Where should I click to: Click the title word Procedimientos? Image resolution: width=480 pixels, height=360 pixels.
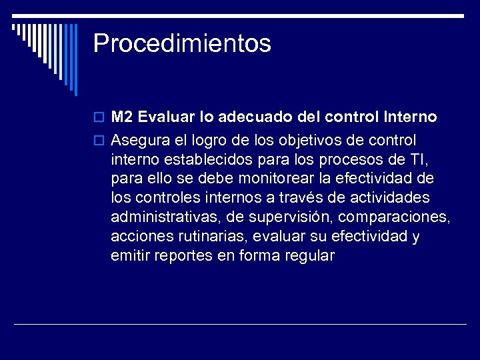pos(182,44)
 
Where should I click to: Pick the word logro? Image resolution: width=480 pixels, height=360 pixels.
pos(209,141)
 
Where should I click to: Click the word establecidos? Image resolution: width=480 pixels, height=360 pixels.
pos(216,160)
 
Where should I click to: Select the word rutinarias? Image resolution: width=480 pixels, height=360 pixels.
pos(205,237)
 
